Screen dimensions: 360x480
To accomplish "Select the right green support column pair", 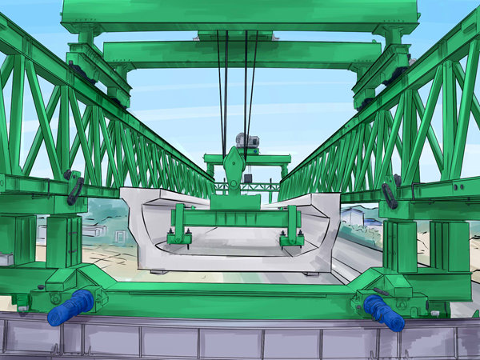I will coord(424,244).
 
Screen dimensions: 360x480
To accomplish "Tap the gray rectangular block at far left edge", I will coord(5,260).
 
